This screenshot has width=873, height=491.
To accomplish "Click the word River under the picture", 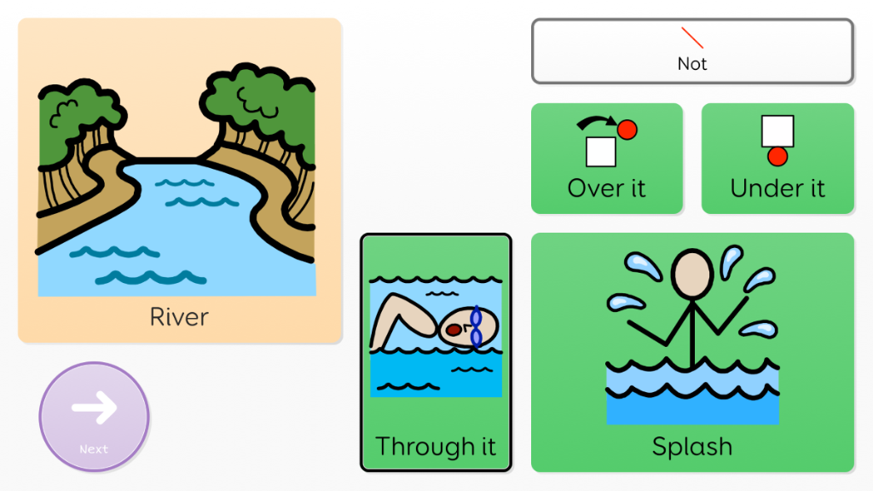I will (x=179, y=317).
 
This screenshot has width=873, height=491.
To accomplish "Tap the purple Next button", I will (x=94, y=417).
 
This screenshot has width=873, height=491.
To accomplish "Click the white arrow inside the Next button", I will (x=94, y=408).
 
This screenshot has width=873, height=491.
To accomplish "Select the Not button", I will (x=692, y=52).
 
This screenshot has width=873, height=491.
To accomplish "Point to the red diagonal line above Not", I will (x=692, y=38).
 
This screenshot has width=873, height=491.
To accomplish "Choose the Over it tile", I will (x=607, y=159).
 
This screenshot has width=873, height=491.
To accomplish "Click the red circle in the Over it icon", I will (x=627, y=130).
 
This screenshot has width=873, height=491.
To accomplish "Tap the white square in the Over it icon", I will (x=601, y=151).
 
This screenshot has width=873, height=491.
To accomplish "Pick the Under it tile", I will (x=778, y=159).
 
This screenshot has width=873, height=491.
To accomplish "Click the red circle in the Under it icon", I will (x=778, y=157).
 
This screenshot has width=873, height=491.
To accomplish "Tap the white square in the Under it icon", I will (x=778, y=131).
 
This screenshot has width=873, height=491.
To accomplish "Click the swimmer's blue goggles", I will (x=475, y=327).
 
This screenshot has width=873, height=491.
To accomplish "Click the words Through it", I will (x=436, y=446).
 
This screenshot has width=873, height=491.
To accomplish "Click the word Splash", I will (x=692, y=446).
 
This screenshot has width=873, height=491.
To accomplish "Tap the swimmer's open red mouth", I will (x=454, y=329).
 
